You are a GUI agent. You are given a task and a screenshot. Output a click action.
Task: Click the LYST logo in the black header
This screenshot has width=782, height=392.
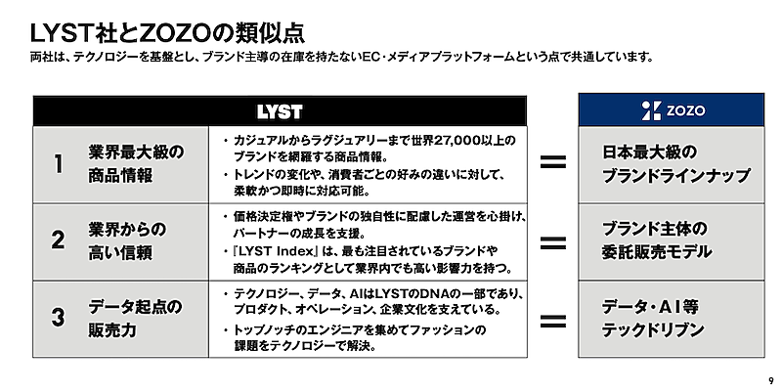coord(279,110)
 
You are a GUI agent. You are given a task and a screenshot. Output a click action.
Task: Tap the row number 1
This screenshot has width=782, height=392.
coord(58,164)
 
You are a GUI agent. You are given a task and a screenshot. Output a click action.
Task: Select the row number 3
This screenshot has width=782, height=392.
coord(58,319)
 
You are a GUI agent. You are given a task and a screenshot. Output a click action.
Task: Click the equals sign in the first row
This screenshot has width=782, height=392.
coord(553,163)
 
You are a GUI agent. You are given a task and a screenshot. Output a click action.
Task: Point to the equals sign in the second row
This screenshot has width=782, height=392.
coord(553,241)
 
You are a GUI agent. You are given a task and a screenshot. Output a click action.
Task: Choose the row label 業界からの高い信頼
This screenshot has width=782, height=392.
coord(127,241)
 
